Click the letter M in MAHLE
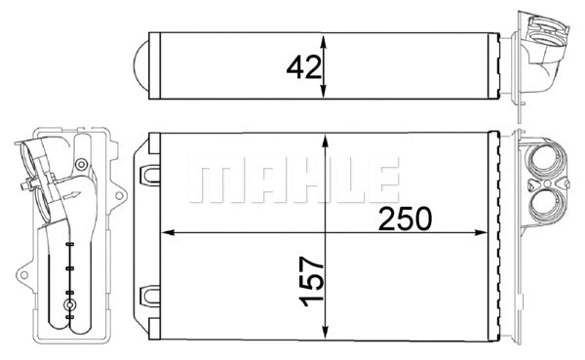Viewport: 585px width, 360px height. click(x=216, y=180)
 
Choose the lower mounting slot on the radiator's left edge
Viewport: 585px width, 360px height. click(x=149, y=293)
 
